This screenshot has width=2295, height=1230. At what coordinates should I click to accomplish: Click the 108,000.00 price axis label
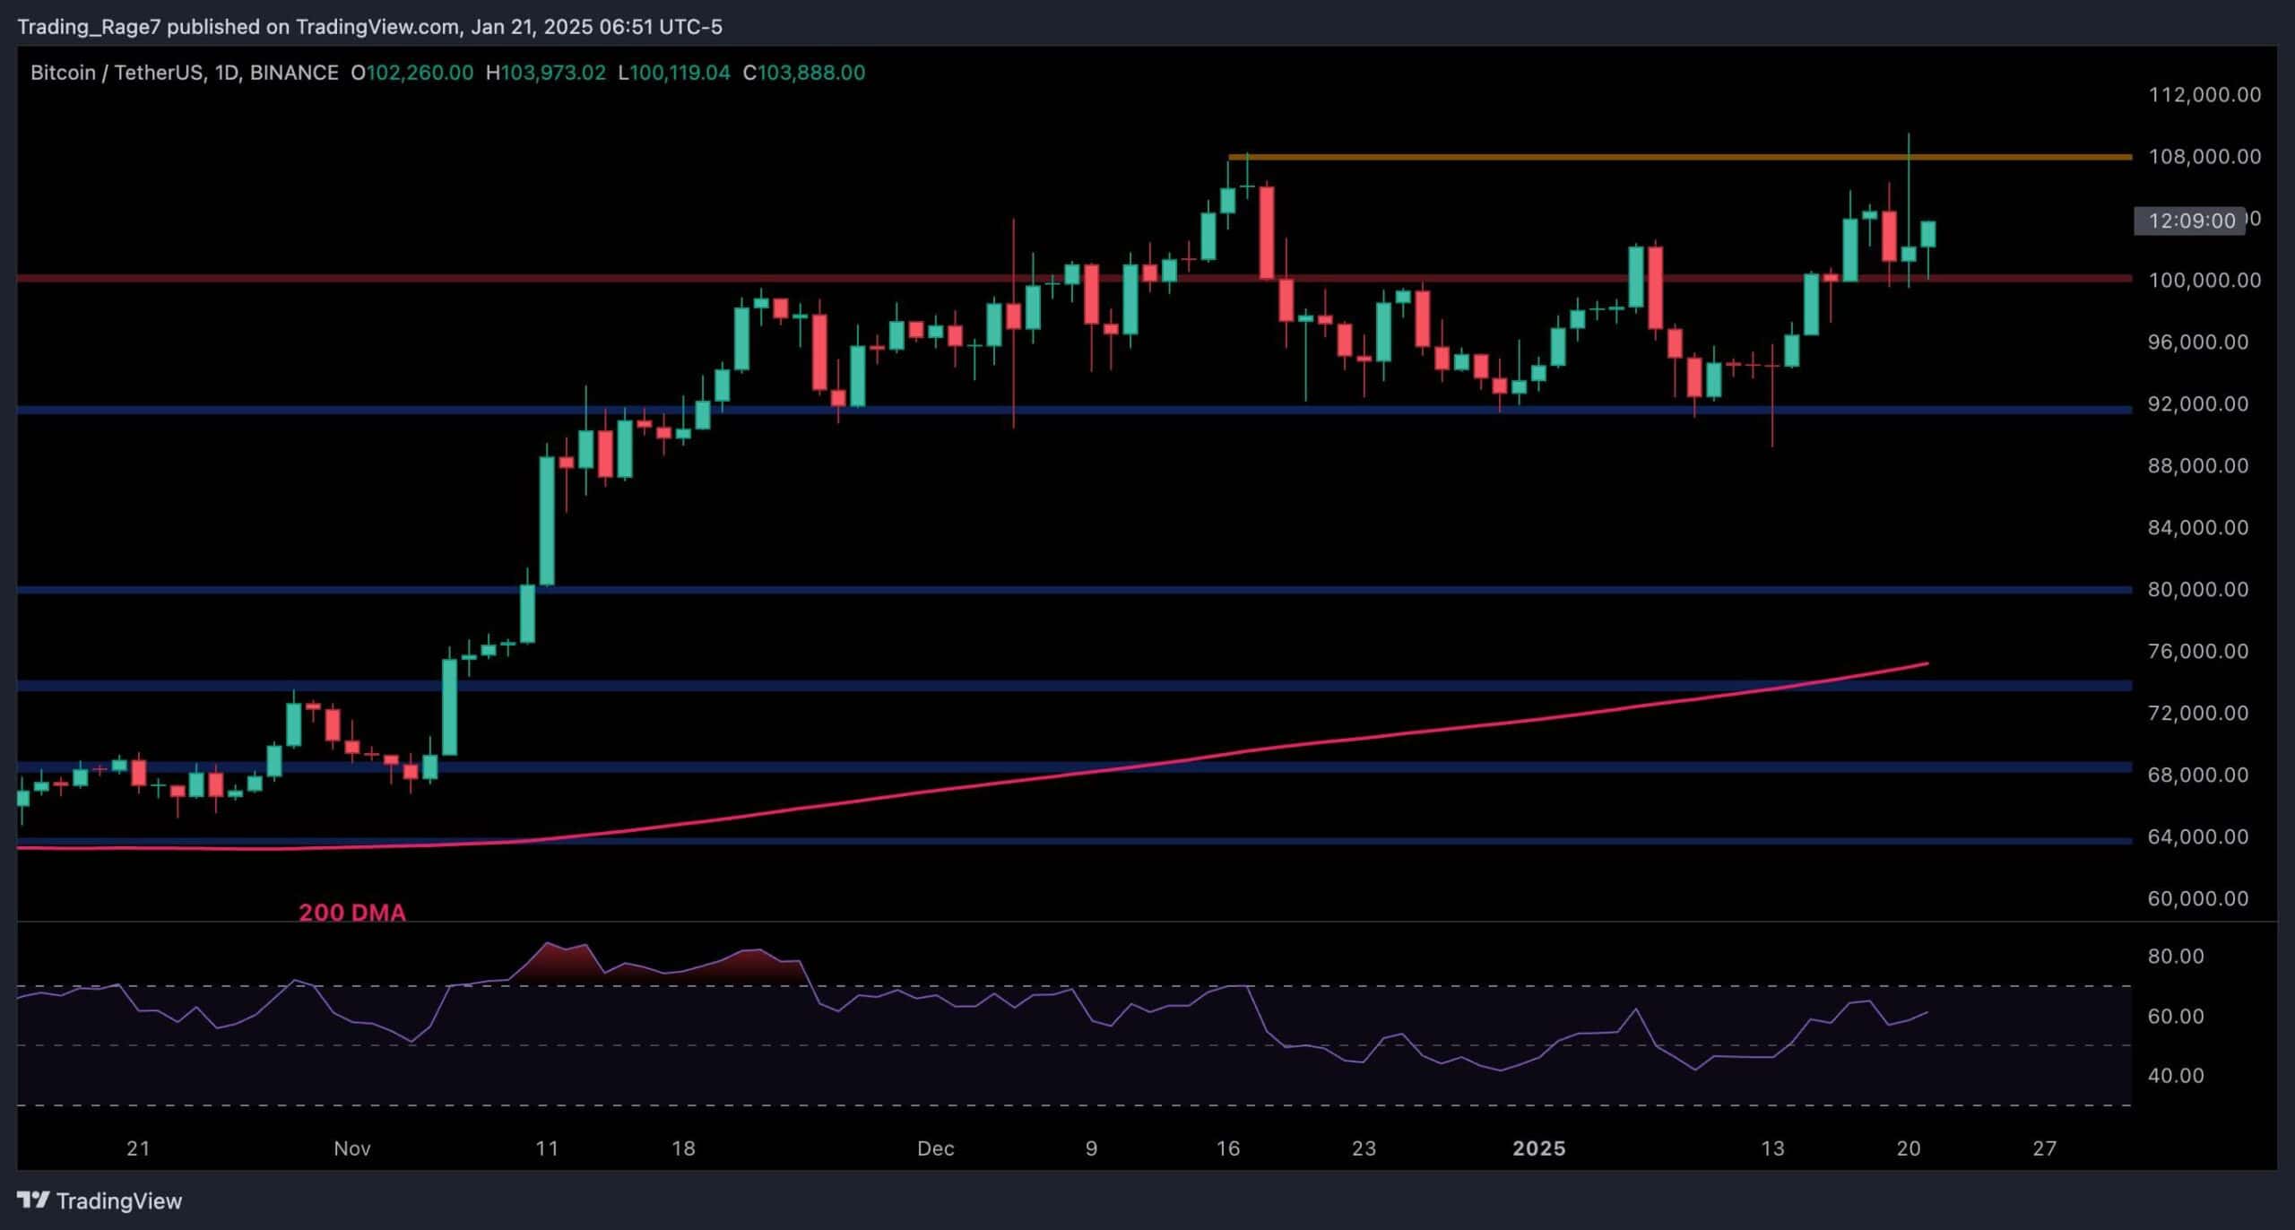(x=2204, y=157)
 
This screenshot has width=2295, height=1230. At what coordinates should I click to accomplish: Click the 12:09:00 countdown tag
(x=2191, y=221)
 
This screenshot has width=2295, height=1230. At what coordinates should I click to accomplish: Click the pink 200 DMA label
(x=351, y=913)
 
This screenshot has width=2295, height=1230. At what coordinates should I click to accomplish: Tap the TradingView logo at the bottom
(x=100, y=1201)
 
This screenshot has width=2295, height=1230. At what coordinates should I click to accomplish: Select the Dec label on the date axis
(x=935, y=1148)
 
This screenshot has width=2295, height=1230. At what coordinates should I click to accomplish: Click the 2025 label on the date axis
(x=1538, y=1148)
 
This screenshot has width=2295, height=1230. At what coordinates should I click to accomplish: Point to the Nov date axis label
(x=351, y=1148)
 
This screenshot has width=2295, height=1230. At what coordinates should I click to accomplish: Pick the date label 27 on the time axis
(x=2044, y=1148)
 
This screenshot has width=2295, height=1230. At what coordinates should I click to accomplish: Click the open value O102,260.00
(x=411, y=73)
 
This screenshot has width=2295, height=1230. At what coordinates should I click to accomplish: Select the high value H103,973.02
(x=545, y=73)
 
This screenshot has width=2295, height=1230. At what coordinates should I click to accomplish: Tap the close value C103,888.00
(x=803, y=73)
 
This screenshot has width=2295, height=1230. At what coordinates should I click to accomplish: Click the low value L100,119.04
(x=674, y=73)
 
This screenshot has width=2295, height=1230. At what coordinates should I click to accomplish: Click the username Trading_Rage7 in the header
(x=89, y=27)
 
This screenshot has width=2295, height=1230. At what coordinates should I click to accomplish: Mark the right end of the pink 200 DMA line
(x=1927, y=663)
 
